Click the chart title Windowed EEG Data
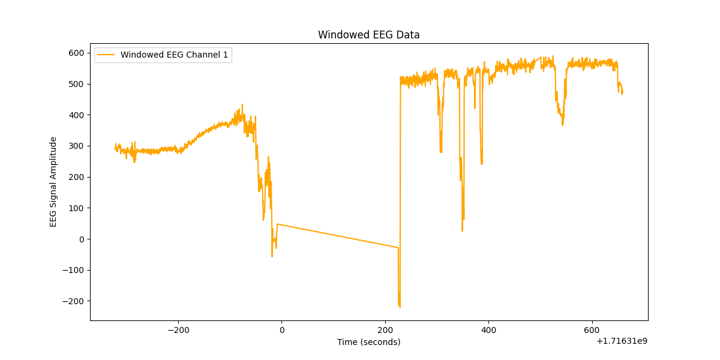coord(368,35)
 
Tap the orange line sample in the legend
coord(106,55)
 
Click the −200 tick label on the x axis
coord(178,330)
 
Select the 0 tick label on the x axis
coord(281,330)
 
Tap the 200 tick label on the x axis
coord(385,330)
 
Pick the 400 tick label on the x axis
coord(488,330)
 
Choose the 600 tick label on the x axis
coord(592,330)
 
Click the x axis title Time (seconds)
coord(368,342)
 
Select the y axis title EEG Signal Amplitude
coord(53,182)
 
